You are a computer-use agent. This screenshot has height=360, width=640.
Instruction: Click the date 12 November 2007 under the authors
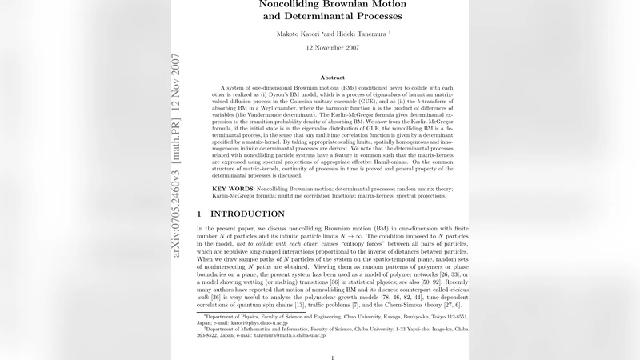tap(332, 48)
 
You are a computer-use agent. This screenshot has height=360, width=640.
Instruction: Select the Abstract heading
tap(332, 78)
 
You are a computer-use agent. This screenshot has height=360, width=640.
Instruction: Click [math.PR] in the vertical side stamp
tap(176, 126)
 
